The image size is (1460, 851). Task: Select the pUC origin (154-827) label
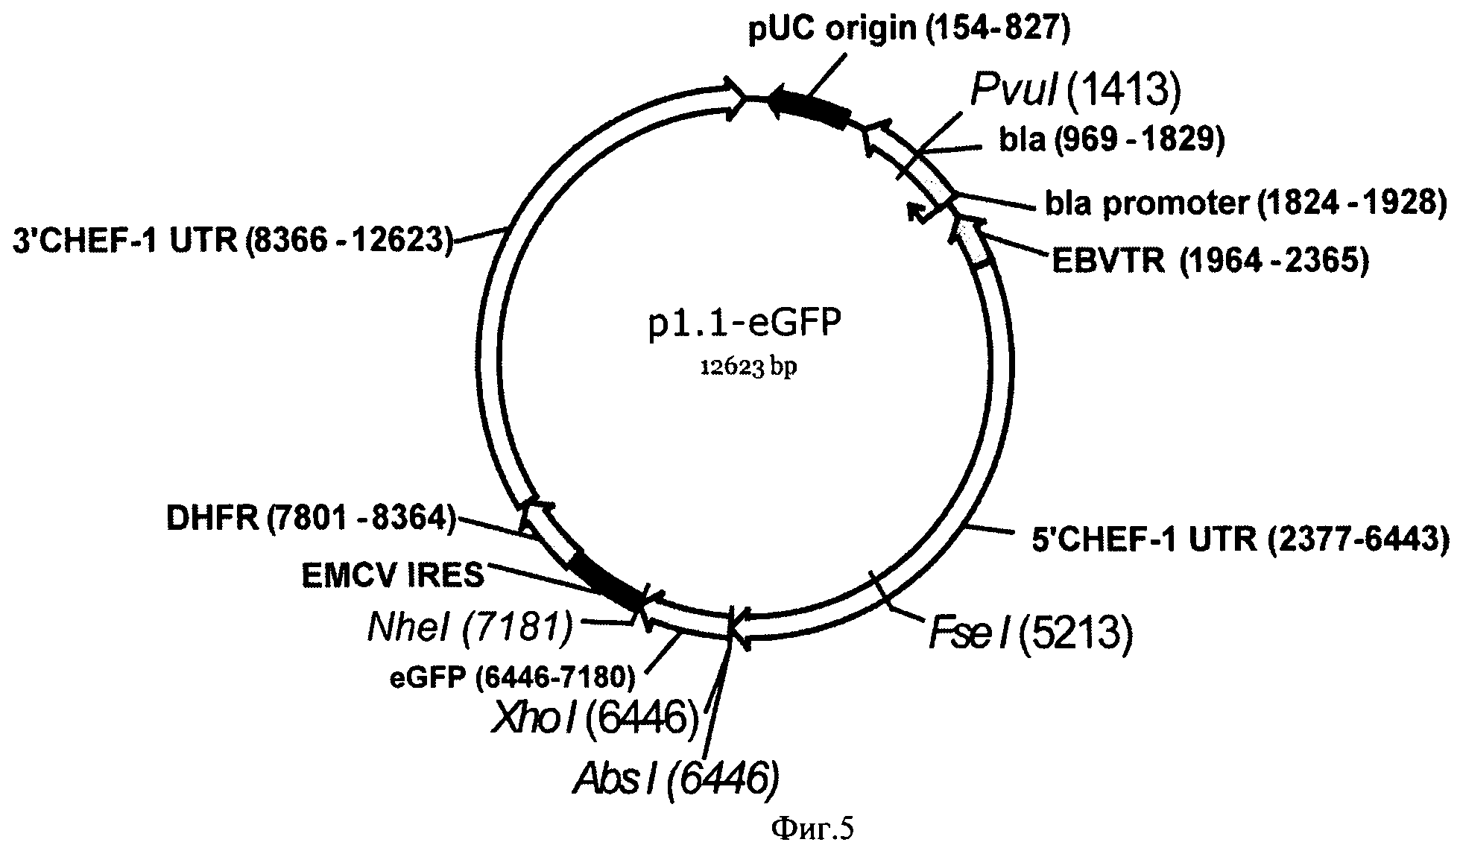pyautogui.click(x=908, y=28)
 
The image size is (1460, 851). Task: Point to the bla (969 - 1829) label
pyautogui.click(x=1111, y=140)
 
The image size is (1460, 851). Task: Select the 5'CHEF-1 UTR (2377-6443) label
pyautogui.click(x=1240, y=539)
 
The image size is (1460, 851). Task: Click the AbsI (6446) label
pyautogui.click(x=675, y=779)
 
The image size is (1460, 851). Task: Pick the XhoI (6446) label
pyautogui.click(x=594, y=718)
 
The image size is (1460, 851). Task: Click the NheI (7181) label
pyautogui.click(x=470, y=627)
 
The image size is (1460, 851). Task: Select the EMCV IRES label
pyautogui.click(x=393, y=575)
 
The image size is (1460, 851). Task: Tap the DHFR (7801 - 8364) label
pyautogui.click(x=310, y=519)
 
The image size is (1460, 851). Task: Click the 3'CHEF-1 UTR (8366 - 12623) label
pyautogui.click(x=233, y=241)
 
